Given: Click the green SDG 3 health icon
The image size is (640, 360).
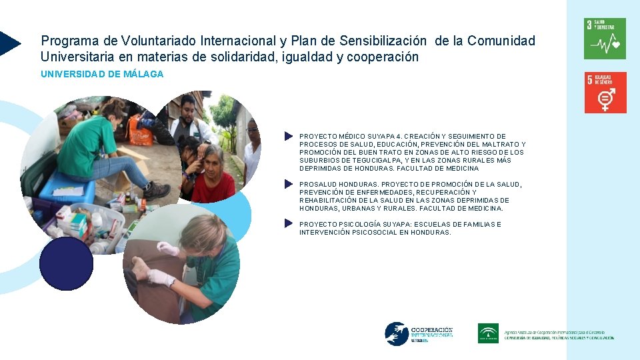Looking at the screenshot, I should click(x=605, y=39).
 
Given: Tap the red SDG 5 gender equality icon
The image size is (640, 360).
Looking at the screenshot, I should click(x=605, y=93).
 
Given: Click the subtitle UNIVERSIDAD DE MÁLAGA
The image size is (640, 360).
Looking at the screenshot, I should click(x=102, y=74).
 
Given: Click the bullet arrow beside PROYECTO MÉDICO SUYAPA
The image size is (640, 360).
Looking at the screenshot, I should click(x=288, y=136).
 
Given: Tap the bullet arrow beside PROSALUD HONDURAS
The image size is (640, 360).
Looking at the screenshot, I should click(x=288, y=184).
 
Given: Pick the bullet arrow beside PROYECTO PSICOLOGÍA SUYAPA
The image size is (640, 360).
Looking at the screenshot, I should click(x=288, y=224).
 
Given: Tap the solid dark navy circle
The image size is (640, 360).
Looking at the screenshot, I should click(x=66, y=264).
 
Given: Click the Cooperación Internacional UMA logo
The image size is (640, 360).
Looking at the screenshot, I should click(x=419, y=333).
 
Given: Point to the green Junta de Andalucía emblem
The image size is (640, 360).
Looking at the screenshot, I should click(x=488, y=333).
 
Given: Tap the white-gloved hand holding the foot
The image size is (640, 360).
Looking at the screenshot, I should click(x=161, y=277).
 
